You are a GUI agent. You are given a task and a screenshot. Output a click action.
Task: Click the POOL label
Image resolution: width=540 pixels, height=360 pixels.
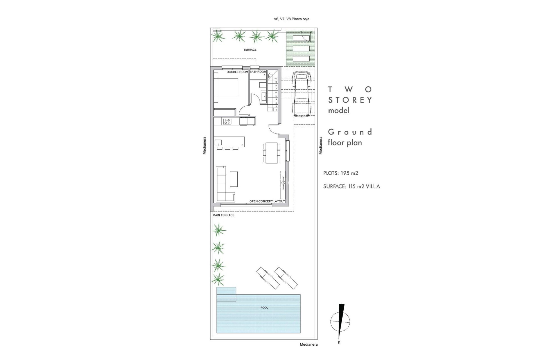(x=264, y=308)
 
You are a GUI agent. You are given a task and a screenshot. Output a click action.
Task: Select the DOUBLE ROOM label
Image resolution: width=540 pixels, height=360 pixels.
(x=237, y=72)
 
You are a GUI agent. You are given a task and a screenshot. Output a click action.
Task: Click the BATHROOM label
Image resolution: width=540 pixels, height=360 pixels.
(x=258, y=72)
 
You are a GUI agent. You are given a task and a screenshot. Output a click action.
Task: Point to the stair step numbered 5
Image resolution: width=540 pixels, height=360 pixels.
(x=276, y=96)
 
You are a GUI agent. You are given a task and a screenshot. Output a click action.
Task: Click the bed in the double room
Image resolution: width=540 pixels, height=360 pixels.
(x=226, y=91)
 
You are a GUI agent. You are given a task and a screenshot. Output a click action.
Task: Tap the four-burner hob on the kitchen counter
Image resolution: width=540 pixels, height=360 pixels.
(x=227, y=121)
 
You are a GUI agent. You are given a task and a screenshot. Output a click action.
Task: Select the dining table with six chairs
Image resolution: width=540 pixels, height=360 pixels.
(x=272, y=153)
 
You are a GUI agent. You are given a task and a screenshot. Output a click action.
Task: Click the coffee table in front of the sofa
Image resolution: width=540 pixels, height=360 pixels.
(x=233, y=179)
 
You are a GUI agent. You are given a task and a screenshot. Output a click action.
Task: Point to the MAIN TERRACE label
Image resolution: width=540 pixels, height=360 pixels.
(x=224, y=215)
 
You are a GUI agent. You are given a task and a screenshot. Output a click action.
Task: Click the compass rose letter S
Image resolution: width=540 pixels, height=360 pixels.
(x=339, y=343)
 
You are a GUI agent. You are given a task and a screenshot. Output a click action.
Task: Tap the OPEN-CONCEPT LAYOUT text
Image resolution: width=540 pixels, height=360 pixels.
(x=267, y=201)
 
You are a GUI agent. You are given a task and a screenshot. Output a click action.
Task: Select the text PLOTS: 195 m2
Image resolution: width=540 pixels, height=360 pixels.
(x=341, y=173)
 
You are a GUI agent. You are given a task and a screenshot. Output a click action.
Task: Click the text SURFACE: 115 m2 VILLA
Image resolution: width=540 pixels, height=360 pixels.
(x=352, y=186)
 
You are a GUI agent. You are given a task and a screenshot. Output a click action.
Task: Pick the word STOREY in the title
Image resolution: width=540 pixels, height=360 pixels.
(x=350, y=100)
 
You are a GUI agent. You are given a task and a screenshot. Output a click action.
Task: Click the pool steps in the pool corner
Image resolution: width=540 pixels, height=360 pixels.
(x=226, y=294)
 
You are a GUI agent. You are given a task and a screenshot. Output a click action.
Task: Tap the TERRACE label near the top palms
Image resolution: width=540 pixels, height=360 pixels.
(x=250, y=50)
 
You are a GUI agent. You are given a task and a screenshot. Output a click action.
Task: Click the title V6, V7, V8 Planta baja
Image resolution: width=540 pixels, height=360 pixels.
(x=291, y=19)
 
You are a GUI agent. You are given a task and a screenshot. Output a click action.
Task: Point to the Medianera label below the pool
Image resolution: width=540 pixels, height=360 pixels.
(x=309, y=344)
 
